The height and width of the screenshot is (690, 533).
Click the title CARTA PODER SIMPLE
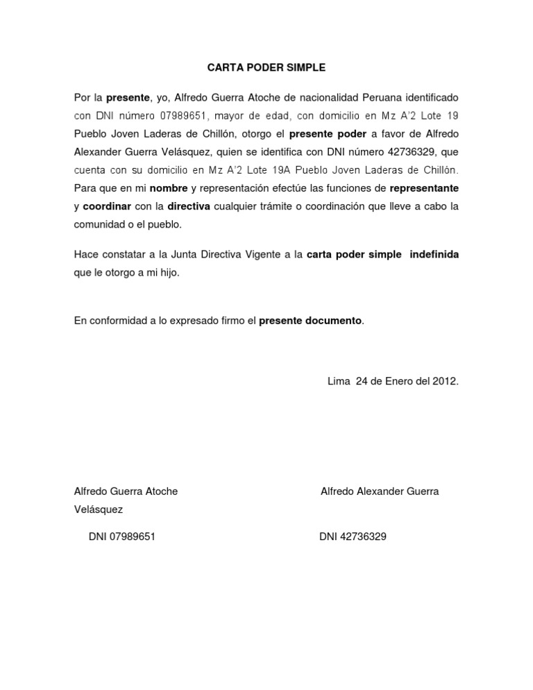pos(266,68)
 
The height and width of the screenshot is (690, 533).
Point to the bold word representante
pos(424,188)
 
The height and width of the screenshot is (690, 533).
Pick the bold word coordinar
pos(107,206)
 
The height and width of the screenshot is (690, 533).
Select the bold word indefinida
pos(434,255)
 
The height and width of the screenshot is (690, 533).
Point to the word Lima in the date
pos(339,381)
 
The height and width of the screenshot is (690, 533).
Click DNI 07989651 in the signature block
pos(122,537)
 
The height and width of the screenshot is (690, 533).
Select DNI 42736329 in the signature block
pos(353,537)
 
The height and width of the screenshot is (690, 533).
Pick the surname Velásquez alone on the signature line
pos(99,510)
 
